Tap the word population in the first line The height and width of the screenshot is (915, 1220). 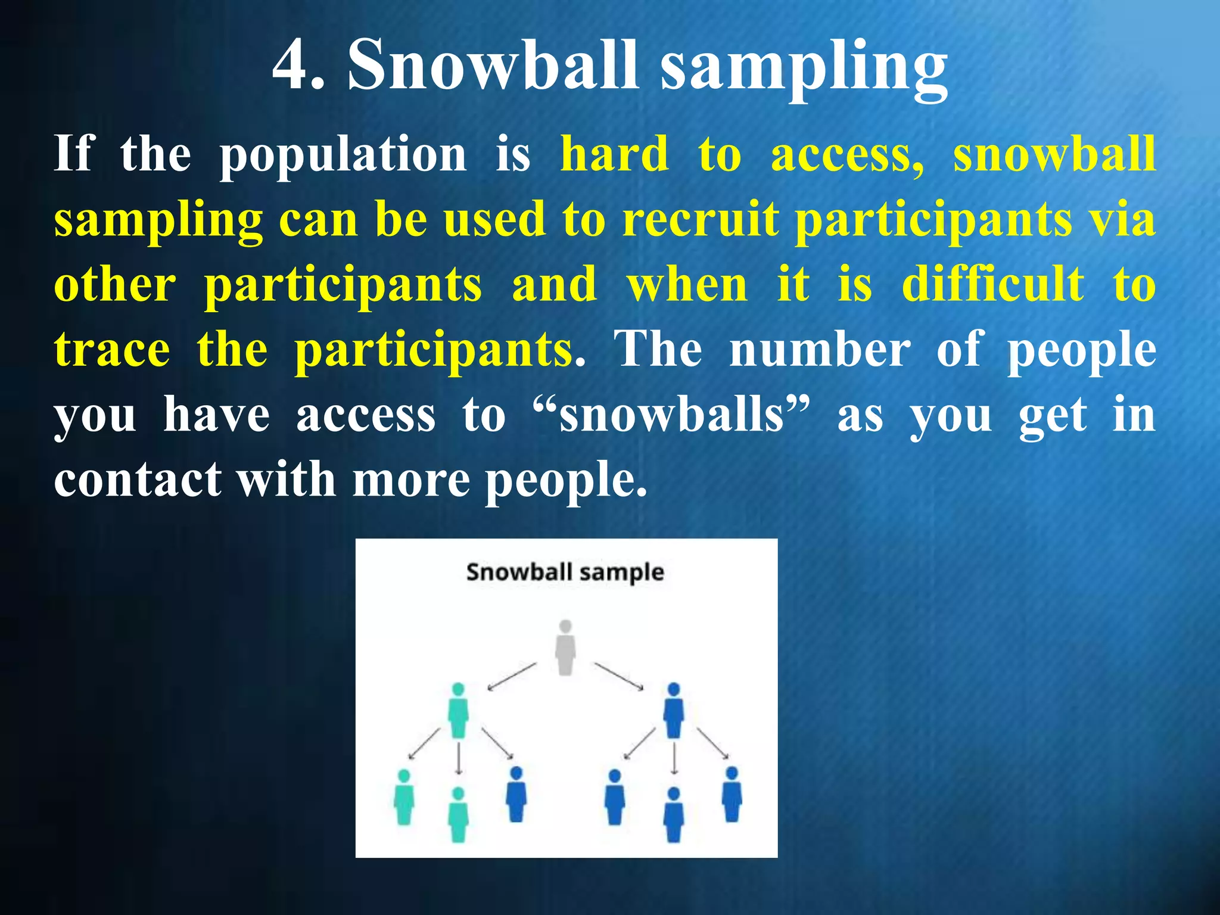[x=344, y=155]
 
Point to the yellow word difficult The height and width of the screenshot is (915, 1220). [x=992, y=284]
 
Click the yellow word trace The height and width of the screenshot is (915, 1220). [x=112, y=350]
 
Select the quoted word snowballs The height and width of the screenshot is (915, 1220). [x=672, y=415]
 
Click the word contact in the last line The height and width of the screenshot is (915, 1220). [x=138, y=480]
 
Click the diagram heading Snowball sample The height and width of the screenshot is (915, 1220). [x=565, y=572]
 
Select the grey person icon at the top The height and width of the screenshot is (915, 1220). [x=565, y=648]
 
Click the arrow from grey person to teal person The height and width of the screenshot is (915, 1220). [x=512, y=677]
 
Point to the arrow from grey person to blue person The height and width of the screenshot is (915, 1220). [x=619, y=676]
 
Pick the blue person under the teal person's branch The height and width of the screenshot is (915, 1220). [x=516, y=795]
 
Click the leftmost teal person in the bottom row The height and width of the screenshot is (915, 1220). [x=404, y=798]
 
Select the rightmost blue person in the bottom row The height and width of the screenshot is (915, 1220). [x=732, y=795]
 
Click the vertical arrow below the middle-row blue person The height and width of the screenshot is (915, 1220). [x=674, y=757]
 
